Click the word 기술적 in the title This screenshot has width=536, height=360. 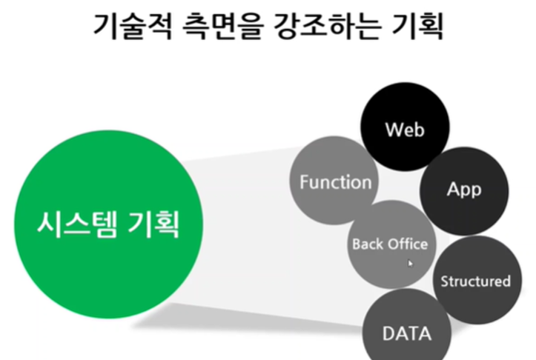click(x=133, y=27)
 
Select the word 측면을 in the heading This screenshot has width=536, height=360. click(x=223, y=27)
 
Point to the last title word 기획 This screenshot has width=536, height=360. click(x=417, y=27)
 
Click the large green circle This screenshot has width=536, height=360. click(x=109, y=224)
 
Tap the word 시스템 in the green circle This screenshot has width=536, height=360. click(x=77, y=224)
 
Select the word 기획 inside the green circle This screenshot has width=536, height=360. click(x=153, y=224)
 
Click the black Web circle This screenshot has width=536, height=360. click(x=405, y=127)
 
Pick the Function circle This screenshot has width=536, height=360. click(x=334, y=180)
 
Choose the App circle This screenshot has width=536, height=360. click(x=464, y=191)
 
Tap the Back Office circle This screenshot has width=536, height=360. click(x=391, y=244)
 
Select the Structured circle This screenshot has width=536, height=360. click(x=477, y=280)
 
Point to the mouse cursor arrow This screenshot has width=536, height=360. click(x=410, y=264)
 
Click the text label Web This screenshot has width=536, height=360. click(x=405, y=130)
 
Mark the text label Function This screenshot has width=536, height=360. click(x=336, y=181)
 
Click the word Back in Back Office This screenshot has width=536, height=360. click(x=368, y=244)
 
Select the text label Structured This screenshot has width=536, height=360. click(x=475, y=281)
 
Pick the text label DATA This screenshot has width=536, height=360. click(x=407, y=333)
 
